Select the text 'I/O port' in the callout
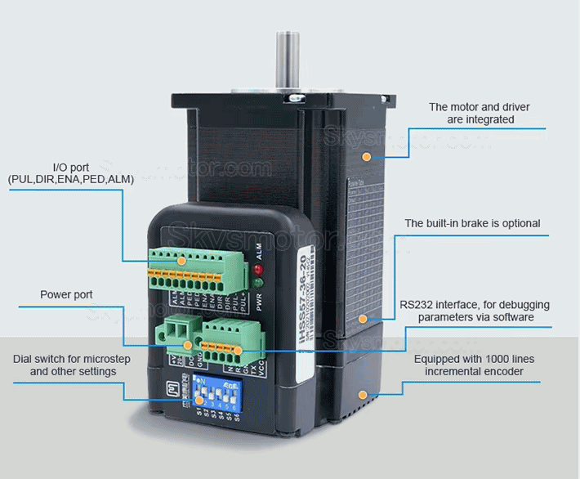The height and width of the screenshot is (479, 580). (x=71, y=167)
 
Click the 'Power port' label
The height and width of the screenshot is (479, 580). (x=66, y=294)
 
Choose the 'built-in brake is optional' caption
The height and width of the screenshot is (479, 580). (x=472, y=223)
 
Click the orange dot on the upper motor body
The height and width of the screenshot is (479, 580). (x=366, y=155)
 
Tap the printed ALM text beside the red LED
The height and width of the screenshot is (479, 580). (x=261, y=252)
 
